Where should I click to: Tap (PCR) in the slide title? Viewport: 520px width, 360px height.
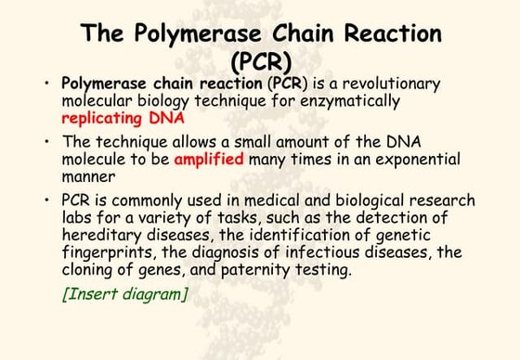(x=260, y=63)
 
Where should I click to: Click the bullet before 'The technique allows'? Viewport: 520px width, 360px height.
(x=46, y=142)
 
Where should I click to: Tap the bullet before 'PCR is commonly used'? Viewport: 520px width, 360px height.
(x=46, y=200)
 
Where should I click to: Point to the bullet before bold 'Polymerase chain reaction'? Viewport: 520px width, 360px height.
(x=46, y=84)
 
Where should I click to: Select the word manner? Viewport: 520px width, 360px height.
(x=88, y=175)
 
